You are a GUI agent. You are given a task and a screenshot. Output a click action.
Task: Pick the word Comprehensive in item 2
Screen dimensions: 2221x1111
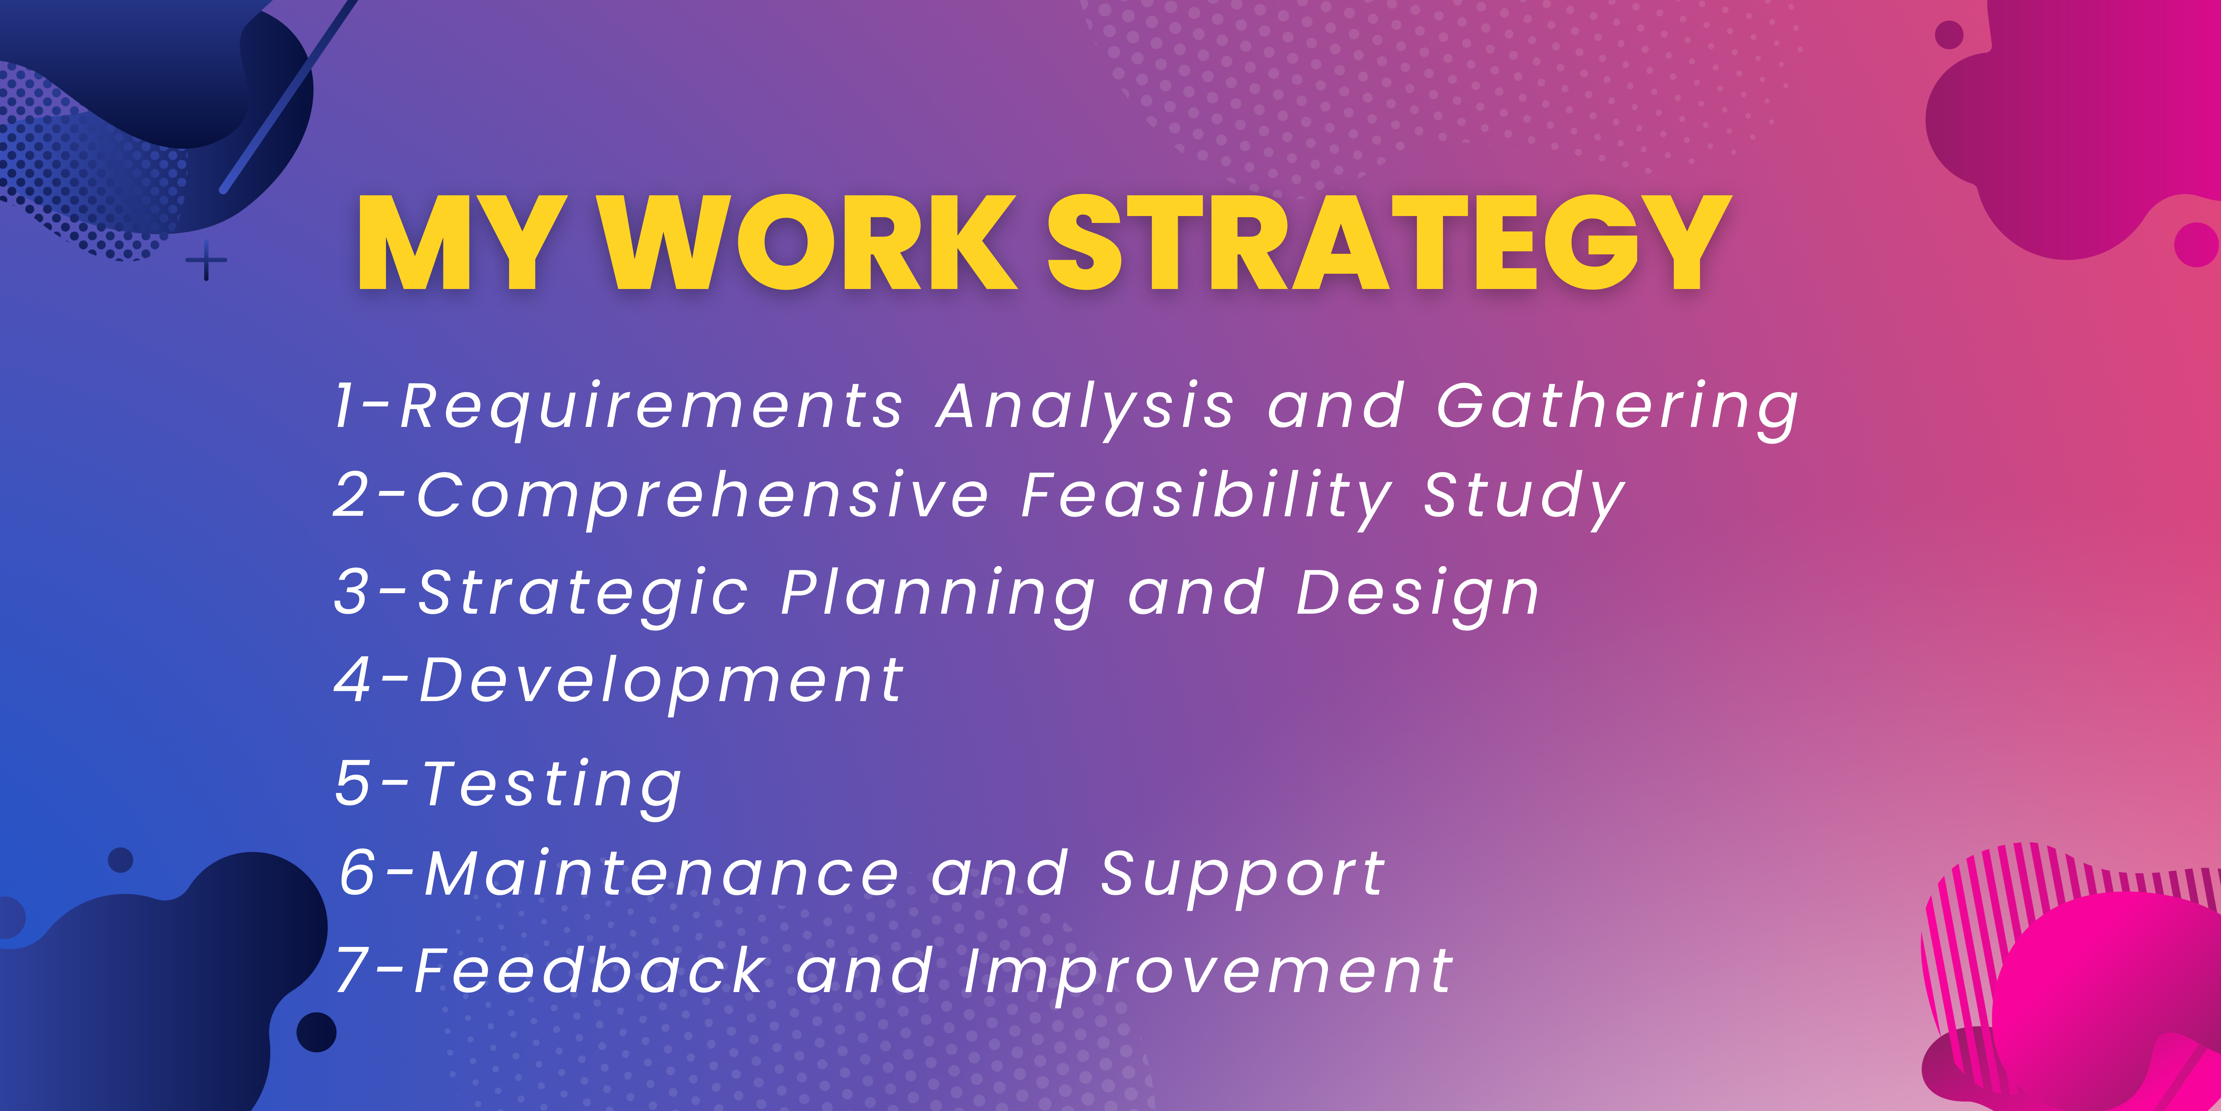pos(703,498)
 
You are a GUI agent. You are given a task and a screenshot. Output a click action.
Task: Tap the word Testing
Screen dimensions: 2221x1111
pos(552,787)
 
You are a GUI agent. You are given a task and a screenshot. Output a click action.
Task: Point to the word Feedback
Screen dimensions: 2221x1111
pos(589,971)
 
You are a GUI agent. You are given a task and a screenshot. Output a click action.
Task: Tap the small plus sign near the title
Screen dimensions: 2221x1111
pos(206,260)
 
